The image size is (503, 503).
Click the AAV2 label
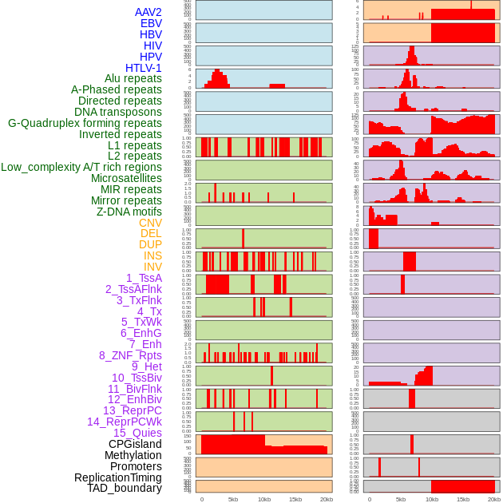(148, 12)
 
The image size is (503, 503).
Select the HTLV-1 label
(144, 68)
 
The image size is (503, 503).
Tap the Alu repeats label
(133, 78)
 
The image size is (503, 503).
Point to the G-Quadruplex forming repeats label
(85, 123)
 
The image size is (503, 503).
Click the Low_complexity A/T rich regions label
(81, 167)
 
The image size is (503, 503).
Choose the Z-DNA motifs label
(129, 212)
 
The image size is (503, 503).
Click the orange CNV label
(150, 223)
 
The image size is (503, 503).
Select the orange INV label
(152, 267)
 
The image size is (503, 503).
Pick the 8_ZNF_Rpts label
(130, 355)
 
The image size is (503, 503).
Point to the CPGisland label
(135, 444)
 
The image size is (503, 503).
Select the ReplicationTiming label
(117, 477)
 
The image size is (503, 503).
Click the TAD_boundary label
(125, 488)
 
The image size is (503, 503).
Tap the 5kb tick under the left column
(233, 499)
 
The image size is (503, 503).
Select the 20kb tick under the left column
(326, 499)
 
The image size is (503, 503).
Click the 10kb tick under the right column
(432, 499)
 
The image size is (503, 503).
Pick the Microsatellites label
(126, 178)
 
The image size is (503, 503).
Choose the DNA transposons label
(118, 112)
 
